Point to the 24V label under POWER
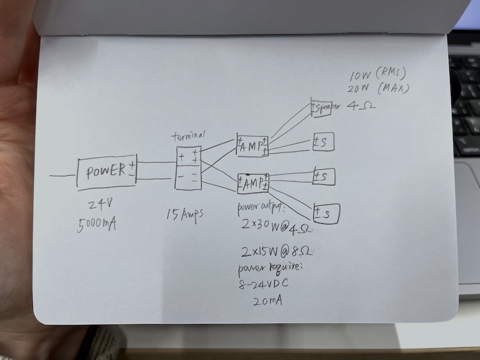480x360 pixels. [100, 203]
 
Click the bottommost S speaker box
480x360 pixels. [326, 213]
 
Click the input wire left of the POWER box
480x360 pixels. [63, 176]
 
